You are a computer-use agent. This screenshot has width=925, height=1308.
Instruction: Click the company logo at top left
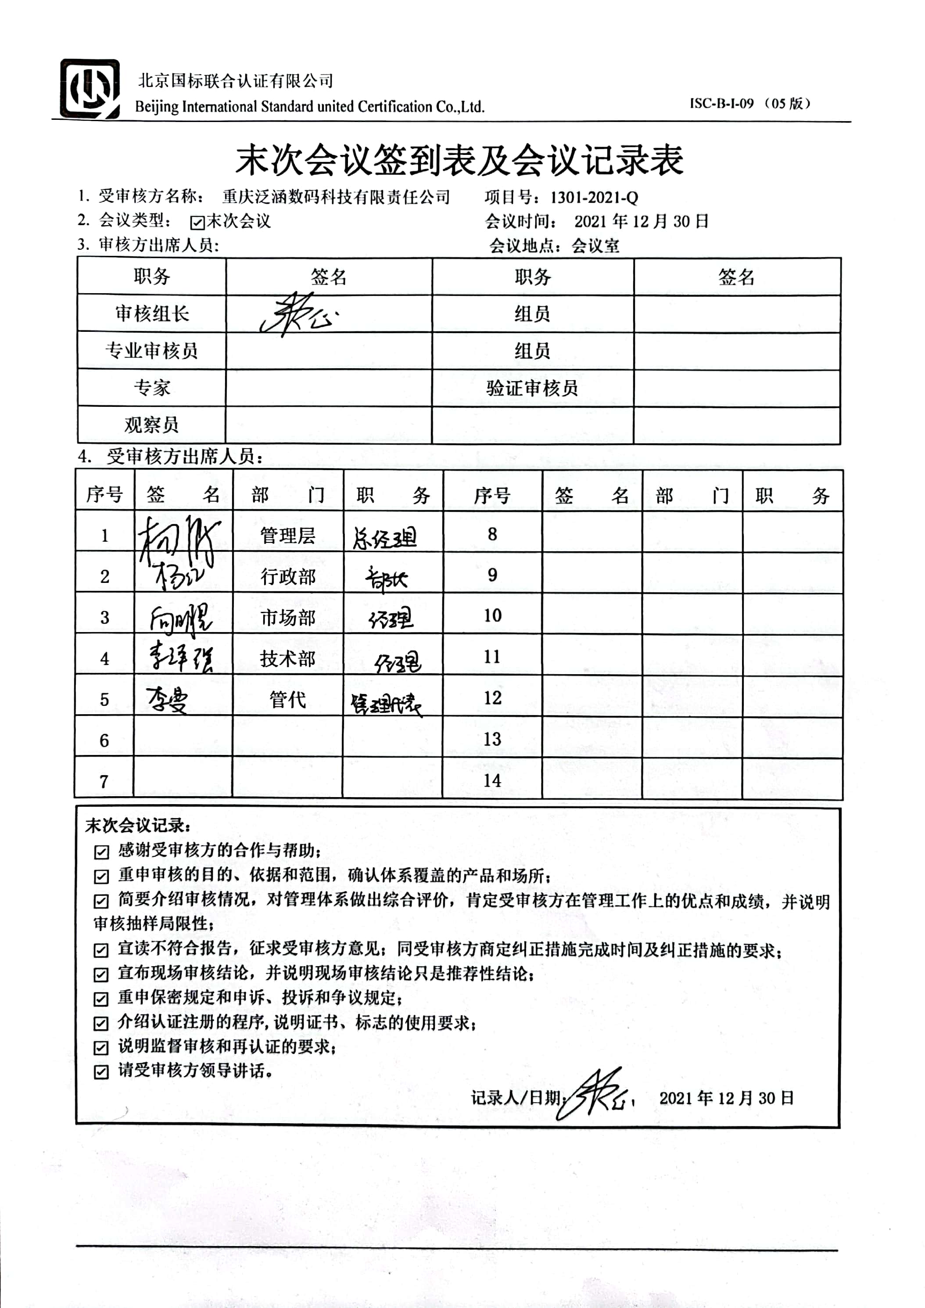[90, 89]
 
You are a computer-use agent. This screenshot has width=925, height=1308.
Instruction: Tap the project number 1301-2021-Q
[594, 198]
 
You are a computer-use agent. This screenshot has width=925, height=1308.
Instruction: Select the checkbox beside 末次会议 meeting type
[197, 222]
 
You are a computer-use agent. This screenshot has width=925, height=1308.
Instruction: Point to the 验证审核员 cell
[532, 388]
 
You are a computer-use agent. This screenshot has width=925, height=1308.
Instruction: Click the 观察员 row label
[151, 424]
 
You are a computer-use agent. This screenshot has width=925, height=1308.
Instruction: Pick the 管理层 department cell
[288, 535]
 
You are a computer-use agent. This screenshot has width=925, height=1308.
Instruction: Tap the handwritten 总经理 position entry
[385, 537]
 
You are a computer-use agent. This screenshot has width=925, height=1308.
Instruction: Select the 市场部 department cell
[288, 618]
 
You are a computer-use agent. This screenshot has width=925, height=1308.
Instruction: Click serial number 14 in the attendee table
[492, 780]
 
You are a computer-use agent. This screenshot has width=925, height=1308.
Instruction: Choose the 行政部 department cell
[288, 576]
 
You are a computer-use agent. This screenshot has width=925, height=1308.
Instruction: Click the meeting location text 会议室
[595, 246]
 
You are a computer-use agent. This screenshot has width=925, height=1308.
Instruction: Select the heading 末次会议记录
[138, 826]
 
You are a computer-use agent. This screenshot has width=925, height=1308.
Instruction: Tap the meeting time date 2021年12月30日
[641, 222]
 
